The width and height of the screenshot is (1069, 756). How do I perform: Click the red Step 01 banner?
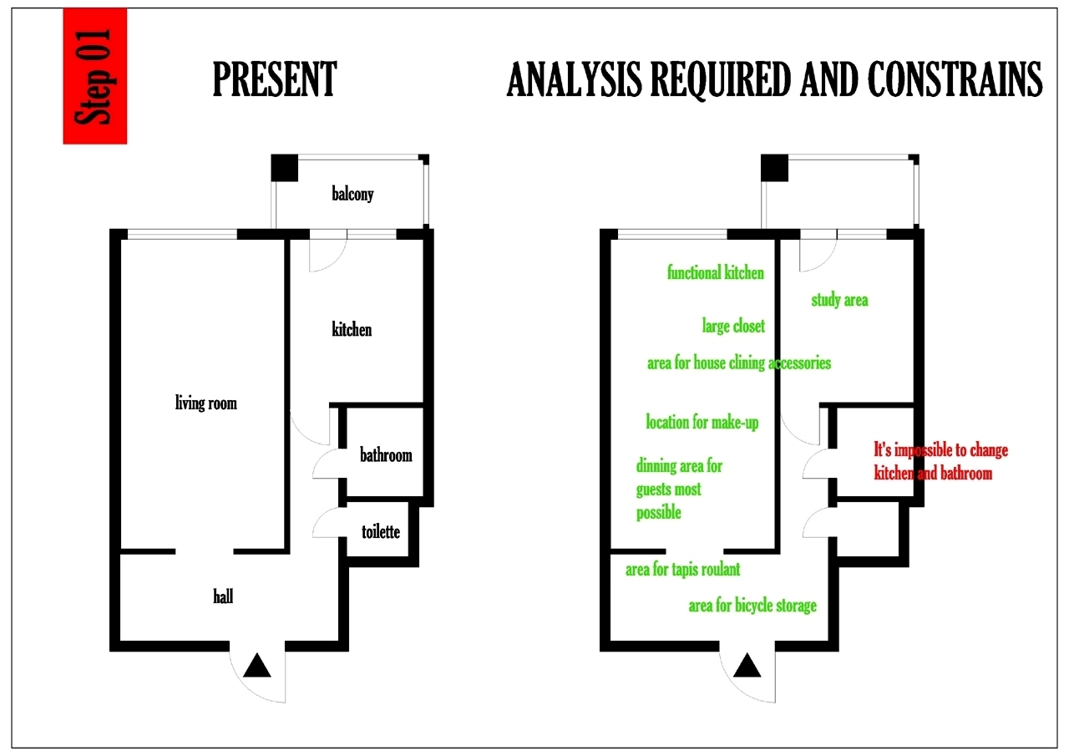coord(94,76)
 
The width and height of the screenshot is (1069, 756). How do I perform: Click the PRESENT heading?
coord(275,80)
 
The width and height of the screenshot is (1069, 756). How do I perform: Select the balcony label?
coord(352,195)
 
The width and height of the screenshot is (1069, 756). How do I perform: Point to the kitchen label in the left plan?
coord(352,329)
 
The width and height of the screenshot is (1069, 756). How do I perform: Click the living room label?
coord(205,403)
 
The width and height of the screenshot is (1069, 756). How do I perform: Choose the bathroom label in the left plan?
coord(386,455)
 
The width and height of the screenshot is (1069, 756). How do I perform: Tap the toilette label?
coord(380,531)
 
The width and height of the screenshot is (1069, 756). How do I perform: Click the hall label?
coord(223,596)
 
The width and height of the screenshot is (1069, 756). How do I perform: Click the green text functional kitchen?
coord(715,272)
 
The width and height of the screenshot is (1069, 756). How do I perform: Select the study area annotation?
coord(839,300)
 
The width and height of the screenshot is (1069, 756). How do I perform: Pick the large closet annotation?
coord(733,326)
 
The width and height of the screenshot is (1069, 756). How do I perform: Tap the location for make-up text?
coord(702,422)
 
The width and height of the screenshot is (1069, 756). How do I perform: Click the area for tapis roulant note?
coord(682,570)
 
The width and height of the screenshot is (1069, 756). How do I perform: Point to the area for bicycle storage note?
coord(752,606)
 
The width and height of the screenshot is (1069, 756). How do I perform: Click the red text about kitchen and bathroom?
coord(940,461)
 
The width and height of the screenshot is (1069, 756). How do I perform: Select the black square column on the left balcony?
coord(285,168)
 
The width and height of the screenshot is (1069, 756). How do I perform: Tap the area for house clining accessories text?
coord(739,363)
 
